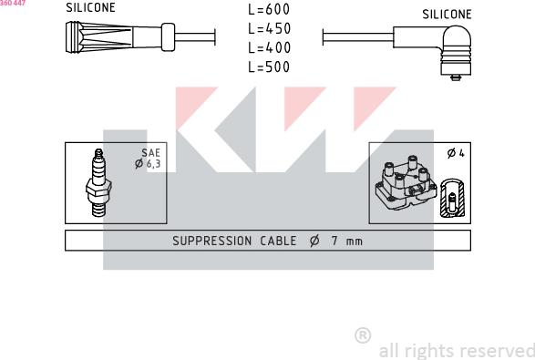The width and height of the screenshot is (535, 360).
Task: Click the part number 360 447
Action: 13,4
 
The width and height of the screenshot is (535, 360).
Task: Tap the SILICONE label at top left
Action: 90,8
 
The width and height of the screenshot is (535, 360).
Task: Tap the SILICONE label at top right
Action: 447,15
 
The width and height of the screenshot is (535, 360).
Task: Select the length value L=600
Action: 269,9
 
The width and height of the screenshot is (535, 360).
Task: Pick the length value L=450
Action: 269,28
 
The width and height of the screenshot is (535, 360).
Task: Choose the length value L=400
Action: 269,47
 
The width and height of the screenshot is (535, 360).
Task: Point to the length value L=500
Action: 269,67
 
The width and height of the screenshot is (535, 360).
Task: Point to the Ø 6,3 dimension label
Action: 148,164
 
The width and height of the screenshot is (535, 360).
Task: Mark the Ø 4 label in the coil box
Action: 456,153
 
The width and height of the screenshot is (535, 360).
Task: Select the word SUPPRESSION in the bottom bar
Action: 211,242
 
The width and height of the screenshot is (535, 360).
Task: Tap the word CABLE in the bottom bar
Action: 277,242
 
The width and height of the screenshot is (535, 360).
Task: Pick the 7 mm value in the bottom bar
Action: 347,242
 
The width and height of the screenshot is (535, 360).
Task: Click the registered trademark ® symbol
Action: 363,336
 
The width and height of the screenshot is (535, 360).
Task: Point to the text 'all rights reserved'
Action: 456,350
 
